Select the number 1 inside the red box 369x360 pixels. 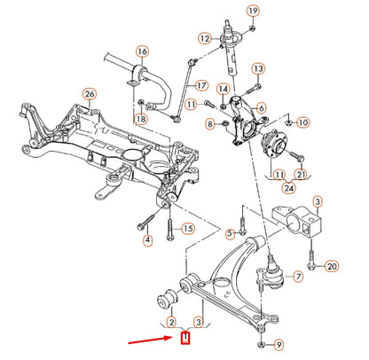coord(185,337)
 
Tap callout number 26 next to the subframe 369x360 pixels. coord(89,94)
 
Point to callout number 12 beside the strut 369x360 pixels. coord(205,38)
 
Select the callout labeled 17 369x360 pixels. coord(201,86)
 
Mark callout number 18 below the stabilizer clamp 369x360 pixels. coord(140,119)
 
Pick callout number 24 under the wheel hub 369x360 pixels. coord(287,188)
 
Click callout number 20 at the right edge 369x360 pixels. coord(332,266)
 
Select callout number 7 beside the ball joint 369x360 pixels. coord(298,278)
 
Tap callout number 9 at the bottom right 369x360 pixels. coord(279,344)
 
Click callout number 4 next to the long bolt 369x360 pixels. coord(147,240)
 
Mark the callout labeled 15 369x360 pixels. coord(187,230)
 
